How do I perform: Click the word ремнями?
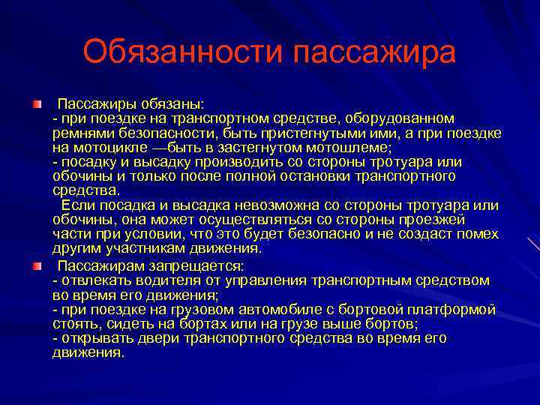coord(82,133)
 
